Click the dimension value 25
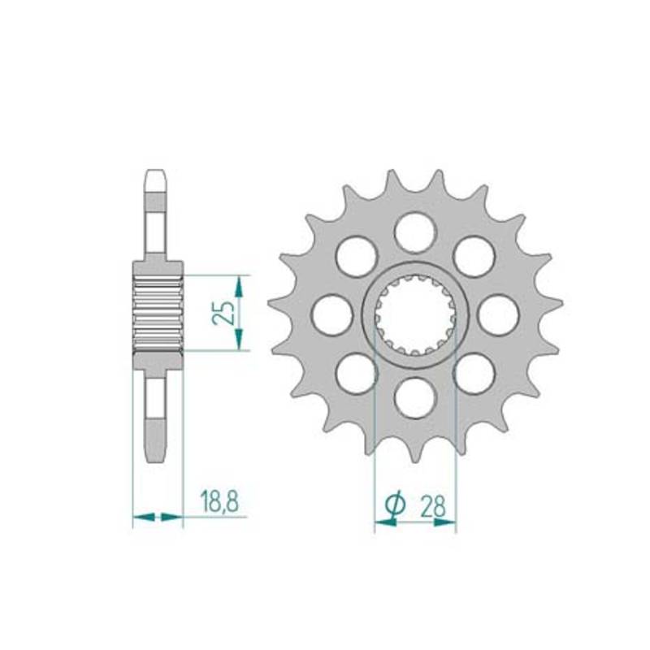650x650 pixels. (225, 313)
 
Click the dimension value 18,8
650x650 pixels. (219, 501)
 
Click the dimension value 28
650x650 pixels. (433, 506)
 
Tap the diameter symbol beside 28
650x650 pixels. (393, 505)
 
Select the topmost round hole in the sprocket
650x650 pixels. (416, 232)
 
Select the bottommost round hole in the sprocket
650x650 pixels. (416, 397)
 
